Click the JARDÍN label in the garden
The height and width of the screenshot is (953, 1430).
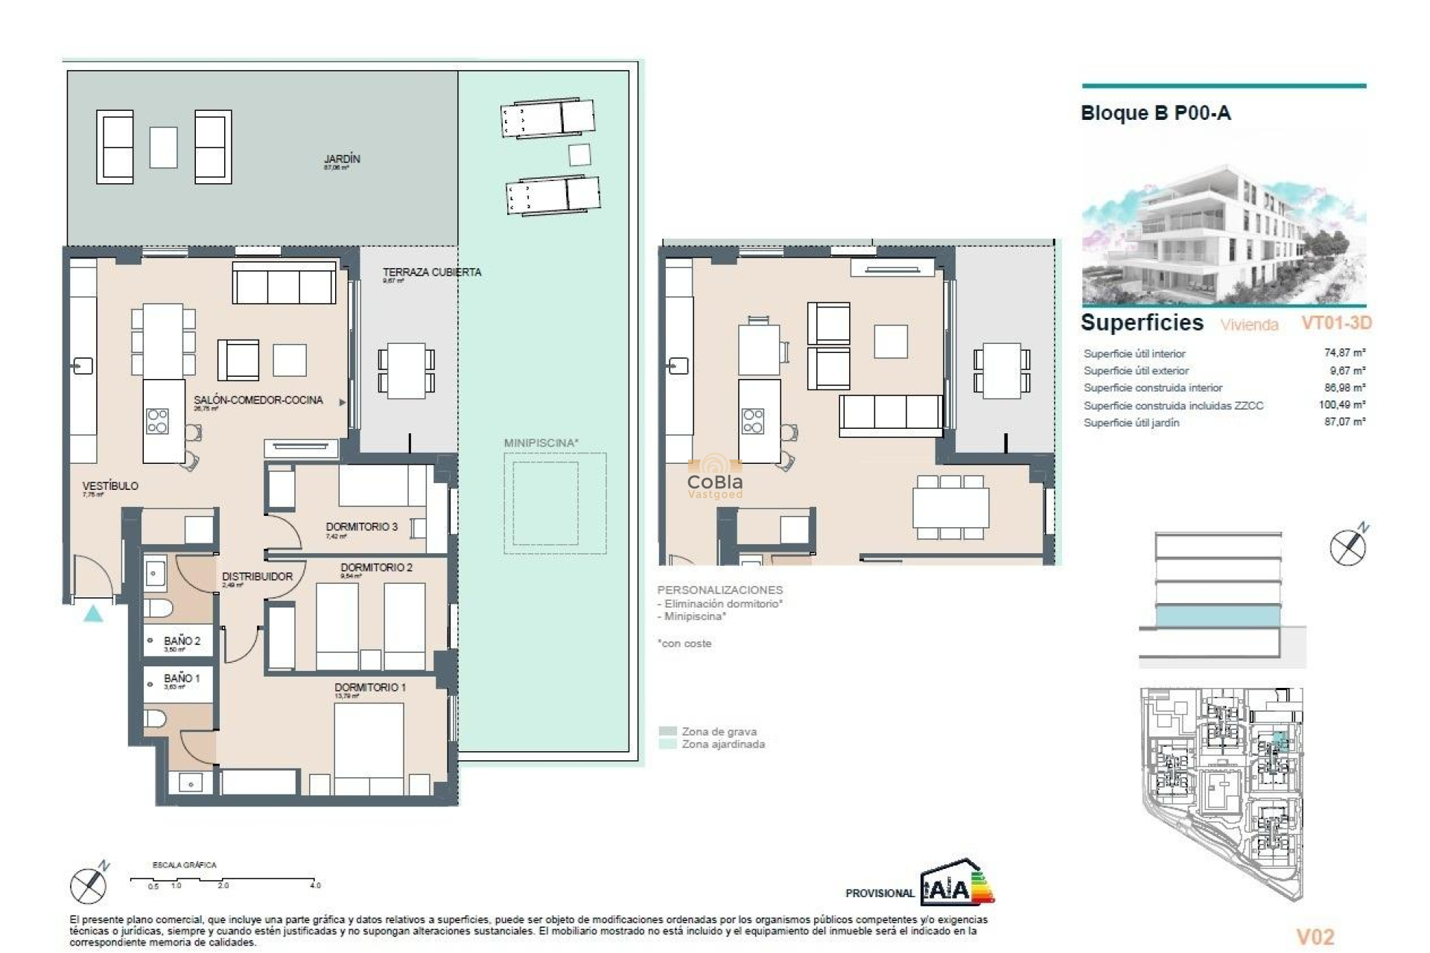coord(342,159)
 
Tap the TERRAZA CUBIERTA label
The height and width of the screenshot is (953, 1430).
coord(432,272)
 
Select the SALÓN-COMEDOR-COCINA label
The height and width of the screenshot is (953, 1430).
coord(258,400)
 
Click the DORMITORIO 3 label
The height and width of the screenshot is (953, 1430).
coord(361,526)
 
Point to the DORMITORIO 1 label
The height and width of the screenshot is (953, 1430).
coord(370,687)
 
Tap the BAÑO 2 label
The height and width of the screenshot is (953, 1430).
coord(182,640)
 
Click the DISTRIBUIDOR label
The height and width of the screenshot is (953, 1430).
coord(257,576)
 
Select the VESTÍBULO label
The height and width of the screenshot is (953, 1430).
coord(110,485)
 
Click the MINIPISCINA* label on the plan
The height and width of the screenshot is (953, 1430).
coord(541,443)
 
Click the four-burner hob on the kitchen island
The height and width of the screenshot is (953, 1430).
coord(157,421)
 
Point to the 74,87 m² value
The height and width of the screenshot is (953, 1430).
coord(1344,353)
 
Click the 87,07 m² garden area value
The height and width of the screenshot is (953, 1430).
coord(1344,422)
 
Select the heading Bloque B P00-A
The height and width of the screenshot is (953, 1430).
coord(1155,113)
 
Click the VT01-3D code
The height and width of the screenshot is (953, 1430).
coord(1336,322)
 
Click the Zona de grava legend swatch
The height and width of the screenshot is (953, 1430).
coord(668,731)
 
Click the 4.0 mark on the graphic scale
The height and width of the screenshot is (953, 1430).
coord(315,885)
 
